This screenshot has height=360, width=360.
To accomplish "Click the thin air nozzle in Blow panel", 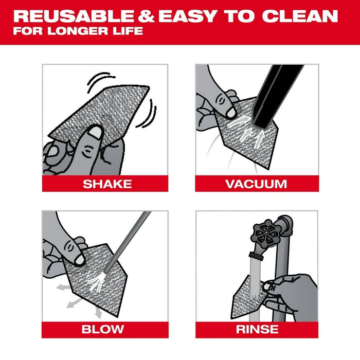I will [x=129, y=242].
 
